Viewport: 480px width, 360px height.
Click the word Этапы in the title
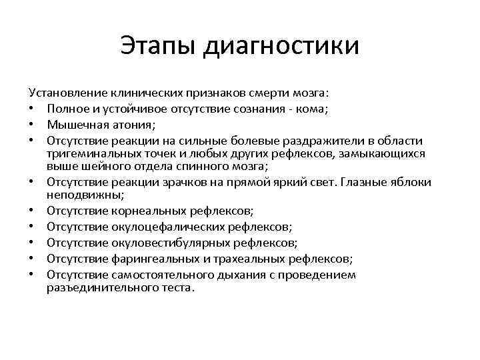(158, 47)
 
